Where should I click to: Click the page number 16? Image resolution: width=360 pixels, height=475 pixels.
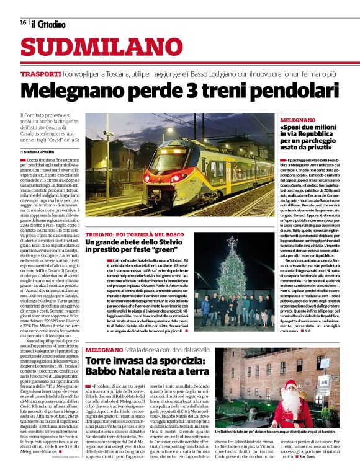[23, 22]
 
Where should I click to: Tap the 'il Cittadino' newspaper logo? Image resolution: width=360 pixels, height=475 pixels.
[48, 24]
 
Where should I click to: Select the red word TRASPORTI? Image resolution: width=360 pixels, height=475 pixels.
[40, 74]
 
